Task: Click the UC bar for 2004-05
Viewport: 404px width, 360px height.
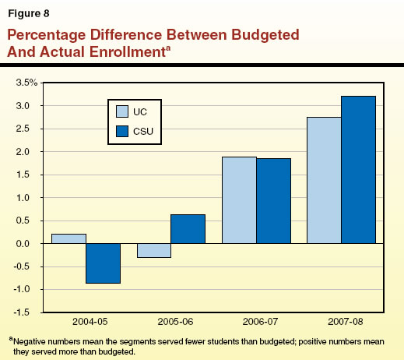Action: [x=69, y=238]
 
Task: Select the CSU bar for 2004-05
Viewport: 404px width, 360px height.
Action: [x=103, y=263]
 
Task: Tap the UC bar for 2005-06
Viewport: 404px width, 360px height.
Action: [x=154, y=250]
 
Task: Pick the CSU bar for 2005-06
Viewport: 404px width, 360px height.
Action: [x=188, y=229]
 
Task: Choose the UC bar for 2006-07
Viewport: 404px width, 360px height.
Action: [x=239, y=200]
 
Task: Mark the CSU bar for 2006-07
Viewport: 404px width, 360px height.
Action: [x=273, y=201]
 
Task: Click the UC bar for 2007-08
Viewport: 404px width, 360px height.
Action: [x=325, y=180]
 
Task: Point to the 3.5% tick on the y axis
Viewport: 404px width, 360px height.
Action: [x=26, y=83]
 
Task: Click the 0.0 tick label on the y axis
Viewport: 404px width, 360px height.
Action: [x=29, y=244]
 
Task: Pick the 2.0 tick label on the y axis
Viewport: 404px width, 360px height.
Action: [x=29, y=152]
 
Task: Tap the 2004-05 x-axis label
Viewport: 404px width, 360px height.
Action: [x=86, y=321]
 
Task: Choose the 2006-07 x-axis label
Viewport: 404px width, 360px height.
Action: [x=256, y=321]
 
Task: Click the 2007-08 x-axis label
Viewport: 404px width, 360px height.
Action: [x=342, y=321]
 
